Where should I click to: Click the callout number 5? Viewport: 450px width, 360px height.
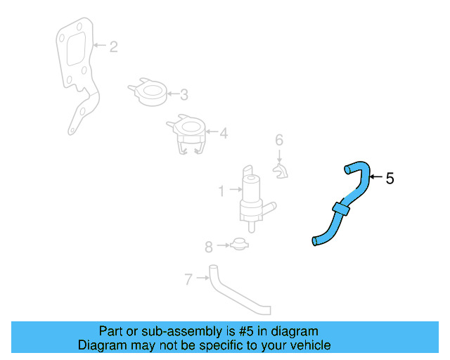(x=390, y=179)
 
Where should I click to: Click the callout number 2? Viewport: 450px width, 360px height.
(x=113, y=47)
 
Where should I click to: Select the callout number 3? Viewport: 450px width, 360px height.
(x=184, y=94)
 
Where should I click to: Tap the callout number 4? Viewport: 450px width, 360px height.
(x=224, y=132)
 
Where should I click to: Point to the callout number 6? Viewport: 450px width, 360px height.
(x=278, y=139)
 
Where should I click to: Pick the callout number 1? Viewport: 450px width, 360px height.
(x=221, y=190)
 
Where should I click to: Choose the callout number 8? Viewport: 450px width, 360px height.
(x=208, y=247)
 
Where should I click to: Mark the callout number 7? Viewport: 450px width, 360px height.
(x=188, y=279)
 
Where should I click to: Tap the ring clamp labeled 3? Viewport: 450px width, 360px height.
(x=151, y=92)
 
